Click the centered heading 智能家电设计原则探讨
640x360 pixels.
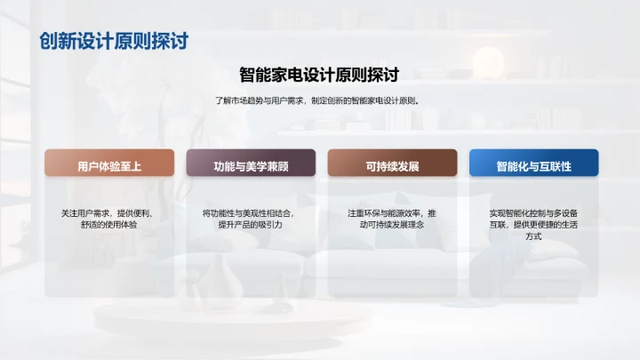(x=319, y=75)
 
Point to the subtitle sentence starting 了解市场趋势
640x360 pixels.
(x=319, y=100)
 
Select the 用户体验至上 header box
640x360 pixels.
(x=108, y=166)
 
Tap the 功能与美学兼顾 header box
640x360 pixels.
(x=250, y=166)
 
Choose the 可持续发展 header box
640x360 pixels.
(x=392, y=166)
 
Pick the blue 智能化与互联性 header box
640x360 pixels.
(x=533, y=166)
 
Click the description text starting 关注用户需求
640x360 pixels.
(x=108, y=219)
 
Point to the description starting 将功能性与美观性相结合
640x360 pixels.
(x=250, y=219)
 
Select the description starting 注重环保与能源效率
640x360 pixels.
(x=392, y=219)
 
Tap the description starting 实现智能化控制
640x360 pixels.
(x=533, y=225)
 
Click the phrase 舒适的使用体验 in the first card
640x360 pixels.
(x=108, y=225)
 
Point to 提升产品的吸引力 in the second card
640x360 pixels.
(x=250, y=225)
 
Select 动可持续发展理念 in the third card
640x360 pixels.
(x=392, y=225)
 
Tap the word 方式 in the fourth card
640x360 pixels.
(x=533, y=237)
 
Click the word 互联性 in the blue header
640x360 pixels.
(x=553, y=166)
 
